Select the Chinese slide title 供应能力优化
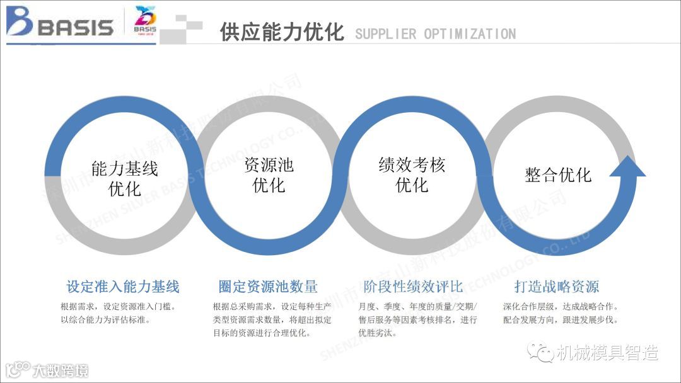point(282,31)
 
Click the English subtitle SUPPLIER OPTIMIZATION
point(435,34)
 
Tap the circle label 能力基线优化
point(125,178)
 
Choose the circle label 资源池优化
point(269,175)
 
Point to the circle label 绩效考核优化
point(412,175)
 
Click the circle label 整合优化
point(558,174)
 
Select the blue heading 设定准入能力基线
point(123,287)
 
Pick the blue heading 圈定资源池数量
point(268,287)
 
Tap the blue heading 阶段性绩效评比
point(414,287)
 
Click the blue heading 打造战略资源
point(557,287)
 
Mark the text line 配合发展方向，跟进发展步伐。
point(561,320)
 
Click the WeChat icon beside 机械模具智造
point(540,352)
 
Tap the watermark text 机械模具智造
point(607,353)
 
